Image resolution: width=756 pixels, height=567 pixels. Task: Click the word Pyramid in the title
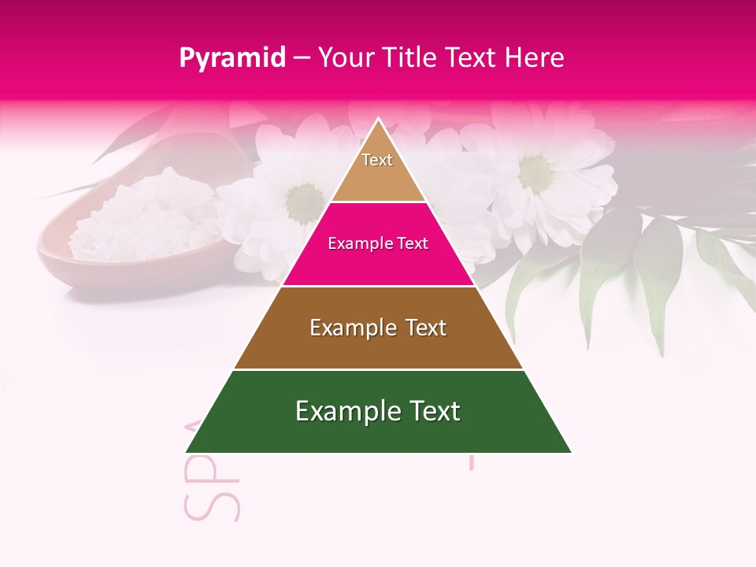click(232, 58)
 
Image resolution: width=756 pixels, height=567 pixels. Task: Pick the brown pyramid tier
click(378, 346)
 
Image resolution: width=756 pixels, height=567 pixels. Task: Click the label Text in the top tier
click(377, 160)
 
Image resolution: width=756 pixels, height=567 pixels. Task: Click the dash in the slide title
click(302, 58)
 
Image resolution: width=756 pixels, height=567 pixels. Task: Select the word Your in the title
click(344, 57)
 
